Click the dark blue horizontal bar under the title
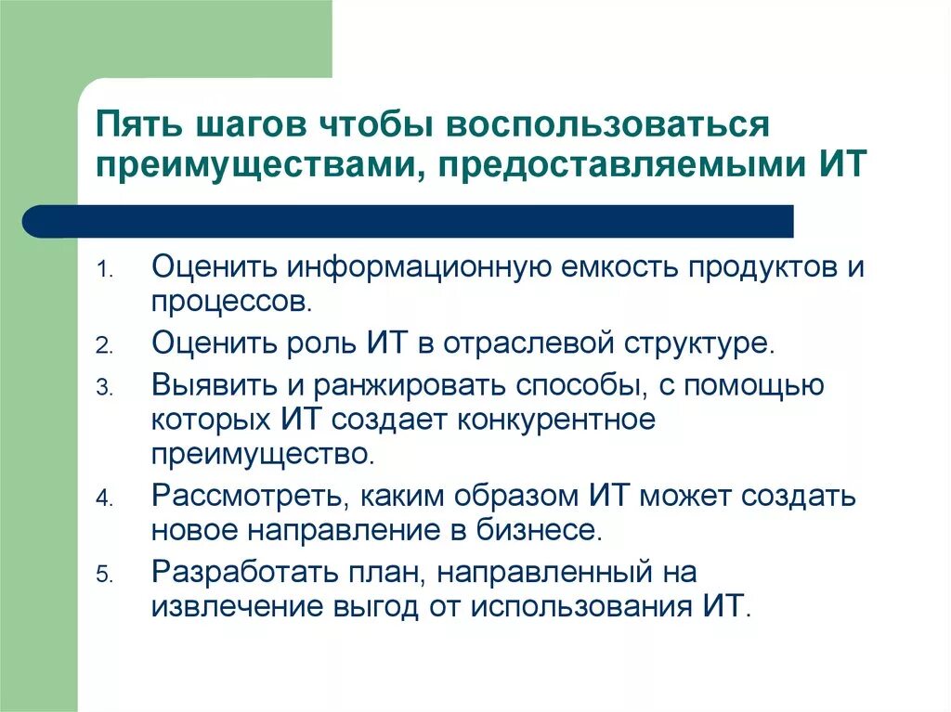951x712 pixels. [409, 221]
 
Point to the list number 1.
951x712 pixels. [105, 271]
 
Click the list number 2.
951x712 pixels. [105, 345]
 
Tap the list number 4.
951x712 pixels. [105, 499]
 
